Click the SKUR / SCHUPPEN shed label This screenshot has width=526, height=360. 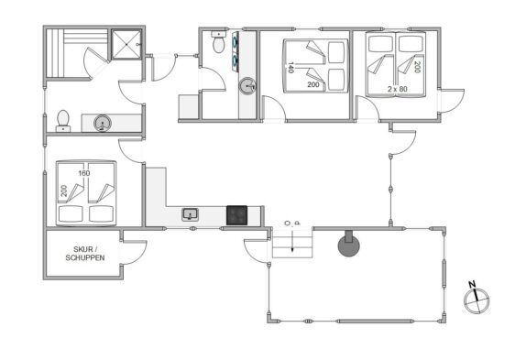[85, 254]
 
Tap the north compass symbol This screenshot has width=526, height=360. [477, 300]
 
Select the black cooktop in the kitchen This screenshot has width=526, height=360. [236, 215]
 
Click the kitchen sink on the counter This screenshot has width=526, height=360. [191, 214]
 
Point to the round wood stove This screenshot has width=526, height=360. [348, 245]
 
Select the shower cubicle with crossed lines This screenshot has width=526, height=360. [126, 44]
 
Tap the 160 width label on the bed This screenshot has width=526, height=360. [84, 173]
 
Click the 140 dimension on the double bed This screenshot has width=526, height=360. [290, 68]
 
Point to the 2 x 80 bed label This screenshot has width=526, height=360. [398, 89]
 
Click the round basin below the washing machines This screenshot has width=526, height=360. [247, 86]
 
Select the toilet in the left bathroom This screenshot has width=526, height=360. [63, 121]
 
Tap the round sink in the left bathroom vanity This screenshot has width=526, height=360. [102, 123]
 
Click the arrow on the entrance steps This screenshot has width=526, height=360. [292, 240]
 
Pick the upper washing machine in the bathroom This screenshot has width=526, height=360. [236, 41]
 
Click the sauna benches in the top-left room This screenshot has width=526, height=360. [76, 54]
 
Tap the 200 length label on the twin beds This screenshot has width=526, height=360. [417, 67]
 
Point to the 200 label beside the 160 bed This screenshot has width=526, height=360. [64, 191]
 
